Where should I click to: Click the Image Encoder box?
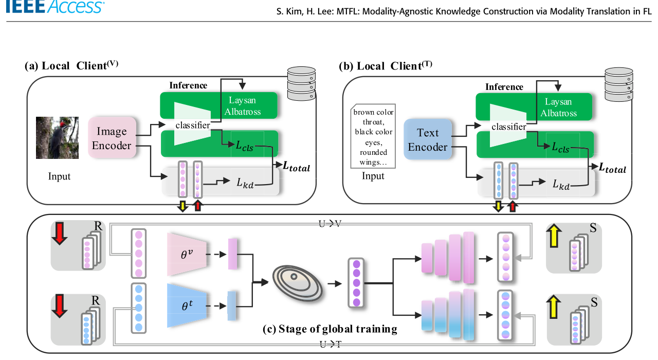112,137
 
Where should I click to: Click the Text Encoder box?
427,139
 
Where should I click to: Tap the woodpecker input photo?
57,138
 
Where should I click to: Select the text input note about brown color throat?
373,136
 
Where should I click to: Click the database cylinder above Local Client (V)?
301,83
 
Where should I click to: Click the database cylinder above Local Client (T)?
618,84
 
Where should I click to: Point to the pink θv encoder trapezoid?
187,255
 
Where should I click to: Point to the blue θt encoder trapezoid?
187,305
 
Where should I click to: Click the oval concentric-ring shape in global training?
297,283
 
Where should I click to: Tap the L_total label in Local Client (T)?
612,168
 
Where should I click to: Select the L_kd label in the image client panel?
245,183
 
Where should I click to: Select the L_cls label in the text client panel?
560,147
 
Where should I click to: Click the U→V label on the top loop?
330,224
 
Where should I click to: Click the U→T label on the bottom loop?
331,344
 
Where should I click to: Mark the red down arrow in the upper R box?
60,233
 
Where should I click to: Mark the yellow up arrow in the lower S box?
554,307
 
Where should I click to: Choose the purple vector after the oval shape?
356,283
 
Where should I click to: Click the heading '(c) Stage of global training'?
330,329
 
